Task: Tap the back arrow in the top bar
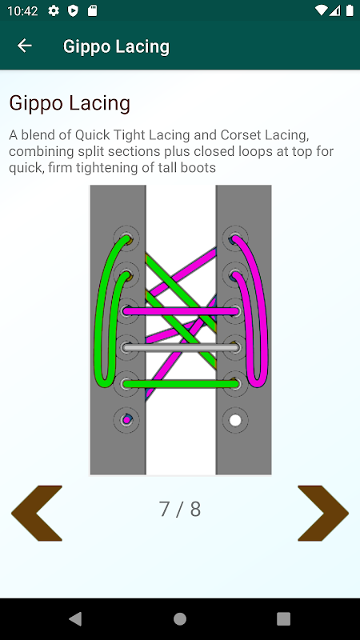(x=25, y=46)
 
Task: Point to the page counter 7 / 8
(x=179, y=509)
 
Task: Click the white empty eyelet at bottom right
(x=235, y=420)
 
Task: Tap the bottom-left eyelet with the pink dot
(x=126, y=419)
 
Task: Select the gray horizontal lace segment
(x=181, y=348)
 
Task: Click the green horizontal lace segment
(x=181, y=384)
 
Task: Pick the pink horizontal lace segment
(x=181, y=311)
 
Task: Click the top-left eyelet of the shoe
(x=126, y=238)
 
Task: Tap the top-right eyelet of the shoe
(x=235, y=238)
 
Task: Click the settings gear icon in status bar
(x=54, y=10)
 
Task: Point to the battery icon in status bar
(x=350, y=10)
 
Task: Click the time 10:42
(x=22, y=11)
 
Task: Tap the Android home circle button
(x=180, y=618)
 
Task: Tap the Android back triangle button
(x=75, y=618)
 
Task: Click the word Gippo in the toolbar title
(x=87, y=47)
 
